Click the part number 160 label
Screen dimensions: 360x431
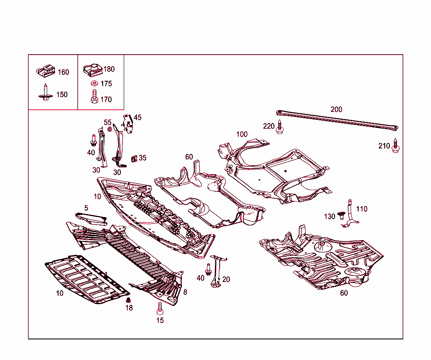tap(63, 72)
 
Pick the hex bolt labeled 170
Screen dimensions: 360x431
tap(94, 97)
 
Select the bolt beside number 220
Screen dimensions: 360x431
tap(279, 127)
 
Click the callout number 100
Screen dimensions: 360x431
tap(242, 135)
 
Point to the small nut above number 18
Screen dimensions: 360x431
tap(129, 300)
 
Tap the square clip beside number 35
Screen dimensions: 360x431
tap(134, 159)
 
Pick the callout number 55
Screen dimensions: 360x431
tap(108, 122)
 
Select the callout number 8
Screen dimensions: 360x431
tap(185, 292)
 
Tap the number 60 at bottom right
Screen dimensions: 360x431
tap(344, 293)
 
